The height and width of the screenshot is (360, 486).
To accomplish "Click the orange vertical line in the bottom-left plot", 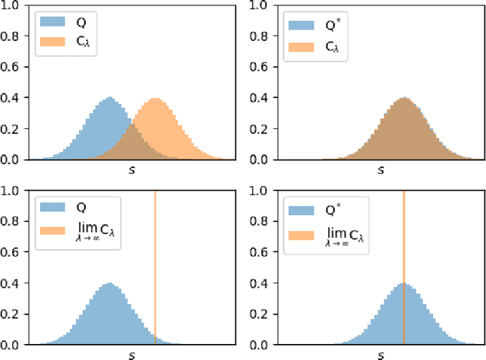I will click(155, 266).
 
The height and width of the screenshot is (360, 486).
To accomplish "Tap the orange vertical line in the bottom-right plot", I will click(403, 266).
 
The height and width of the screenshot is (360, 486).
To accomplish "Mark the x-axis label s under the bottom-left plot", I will click(129, 354).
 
